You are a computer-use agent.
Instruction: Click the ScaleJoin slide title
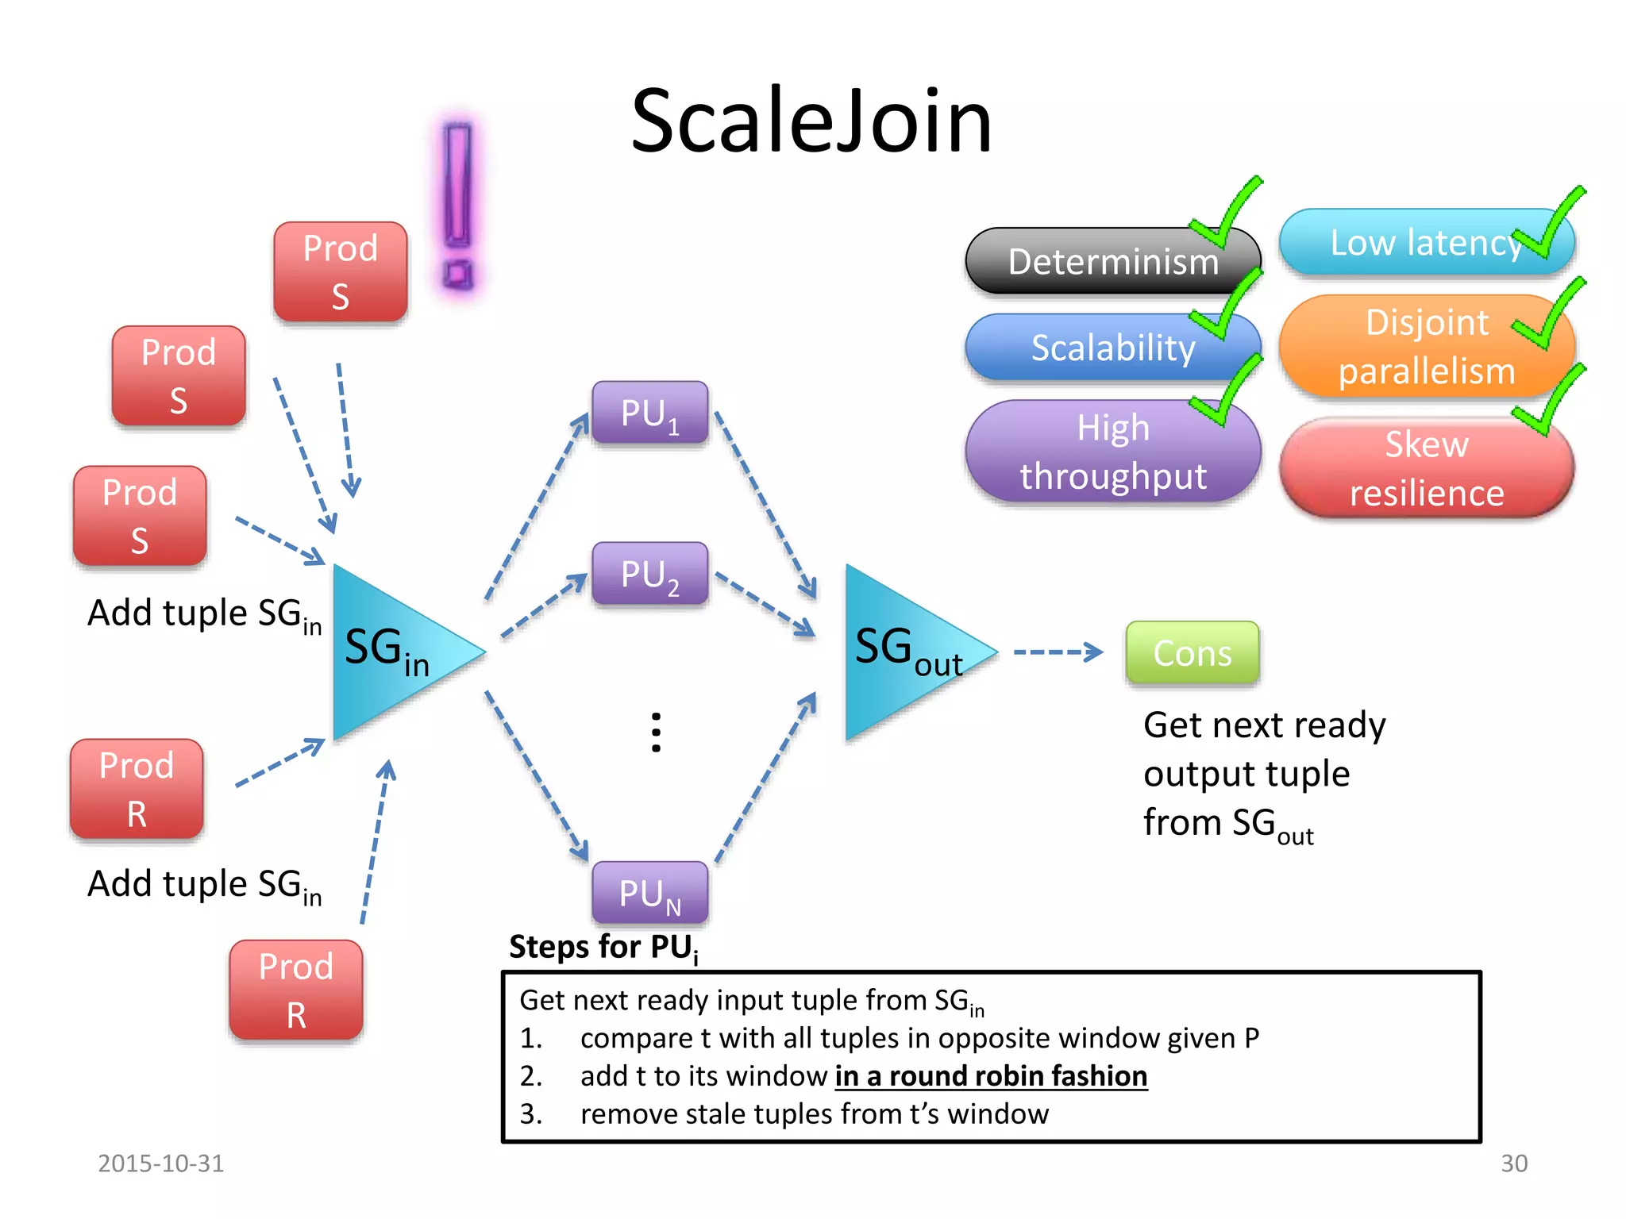pos(811,121)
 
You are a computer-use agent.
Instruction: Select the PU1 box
pos(649,413)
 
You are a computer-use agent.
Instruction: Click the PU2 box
pos(649,574)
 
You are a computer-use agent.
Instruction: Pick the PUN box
pos(649,893)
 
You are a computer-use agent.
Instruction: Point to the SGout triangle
pos(905,651)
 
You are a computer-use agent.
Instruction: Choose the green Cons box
pos(1192,653)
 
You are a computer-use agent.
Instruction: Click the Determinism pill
pos(1112,262)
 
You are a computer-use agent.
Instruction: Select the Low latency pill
pos(1426,243)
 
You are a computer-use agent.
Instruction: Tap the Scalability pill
pos(1112,348)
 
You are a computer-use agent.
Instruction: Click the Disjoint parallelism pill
pos(1426,347)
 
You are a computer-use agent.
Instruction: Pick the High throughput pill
pos(1112,452)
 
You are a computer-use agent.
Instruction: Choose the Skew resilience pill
pos(1426,468)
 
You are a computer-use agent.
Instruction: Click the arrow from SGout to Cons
pos(1058,652)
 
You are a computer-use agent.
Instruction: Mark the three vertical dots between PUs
pos(656,732)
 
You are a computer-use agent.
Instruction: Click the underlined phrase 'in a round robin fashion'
pos(991,1076)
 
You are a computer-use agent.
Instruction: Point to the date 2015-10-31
pos(160,1163)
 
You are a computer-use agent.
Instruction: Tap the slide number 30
pos(1513,1163)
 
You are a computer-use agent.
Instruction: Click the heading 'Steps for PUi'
pos(603,948)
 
